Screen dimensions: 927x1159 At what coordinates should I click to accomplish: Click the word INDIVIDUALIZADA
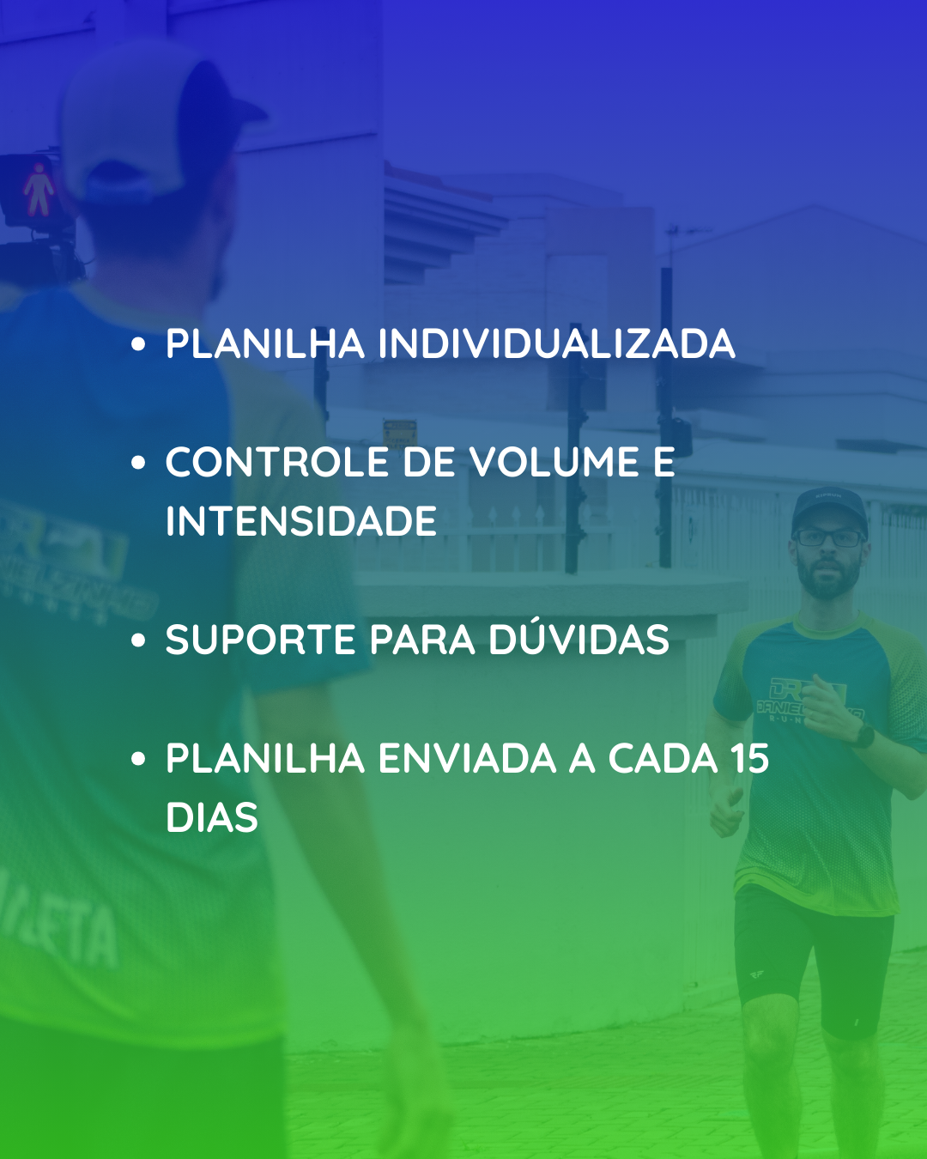pyautogui.click(x=557, y=343)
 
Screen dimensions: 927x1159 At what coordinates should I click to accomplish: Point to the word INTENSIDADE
pyautogui.click(x=301, y=521)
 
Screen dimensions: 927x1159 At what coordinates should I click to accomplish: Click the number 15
pyautogui.click(x=749, y=758)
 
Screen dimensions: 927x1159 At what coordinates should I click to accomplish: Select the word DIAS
pyautogui.click(x=212, y=817)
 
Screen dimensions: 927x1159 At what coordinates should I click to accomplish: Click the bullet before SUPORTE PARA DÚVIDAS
pyautogui.click(x=138, y=640)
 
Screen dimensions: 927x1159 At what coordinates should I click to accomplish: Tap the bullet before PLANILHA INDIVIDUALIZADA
pyautogui.click(x=138, y=344)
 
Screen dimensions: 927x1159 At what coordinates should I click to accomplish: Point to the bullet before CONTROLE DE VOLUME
pyautogui.click(x=138, y=463)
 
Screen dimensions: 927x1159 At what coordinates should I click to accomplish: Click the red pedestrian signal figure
pyautogui.click(x=39, y=190)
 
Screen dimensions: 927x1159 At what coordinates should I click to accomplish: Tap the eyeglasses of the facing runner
pyautogui.click(x=829, y=537)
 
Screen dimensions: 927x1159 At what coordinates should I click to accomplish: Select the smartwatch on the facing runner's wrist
pyautogui.click(x=863, y=735)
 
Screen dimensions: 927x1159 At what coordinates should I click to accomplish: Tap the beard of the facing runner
pyautogui.click(x=828, y=579)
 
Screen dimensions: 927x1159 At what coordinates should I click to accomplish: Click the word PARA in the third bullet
pyautogui.click(x=423, y=640)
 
